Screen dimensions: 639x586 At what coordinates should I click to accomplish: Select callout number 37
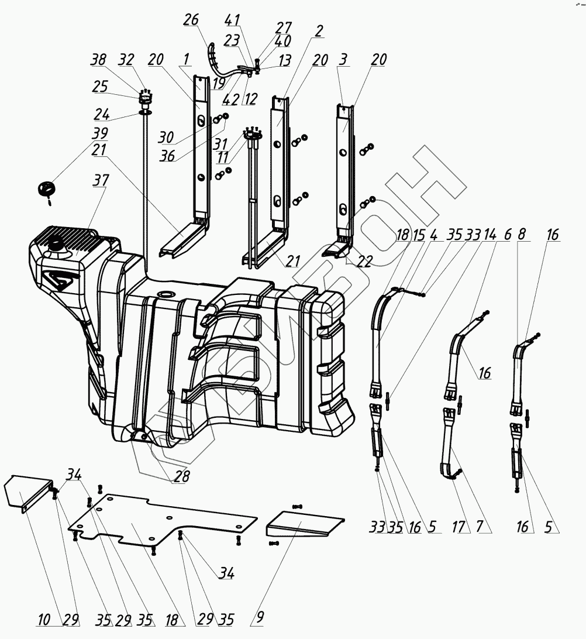coord(100,181)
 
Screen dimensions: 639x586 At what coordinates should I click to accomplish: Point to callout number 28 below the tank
coord(181,477)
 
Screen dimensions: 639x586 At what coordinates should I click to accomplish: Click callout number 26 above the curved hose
coord(190,20)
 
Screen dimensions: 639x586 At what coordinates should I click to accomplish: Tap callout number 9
coord(260,617)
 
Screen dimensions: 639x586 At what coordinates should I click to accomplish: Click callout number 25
coord(99,86)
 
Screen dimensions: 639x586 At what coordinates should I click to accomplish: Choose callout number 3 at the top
coord(343,60)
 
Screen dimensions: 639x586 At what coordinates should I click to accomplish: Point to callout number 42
coord(232,99)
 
